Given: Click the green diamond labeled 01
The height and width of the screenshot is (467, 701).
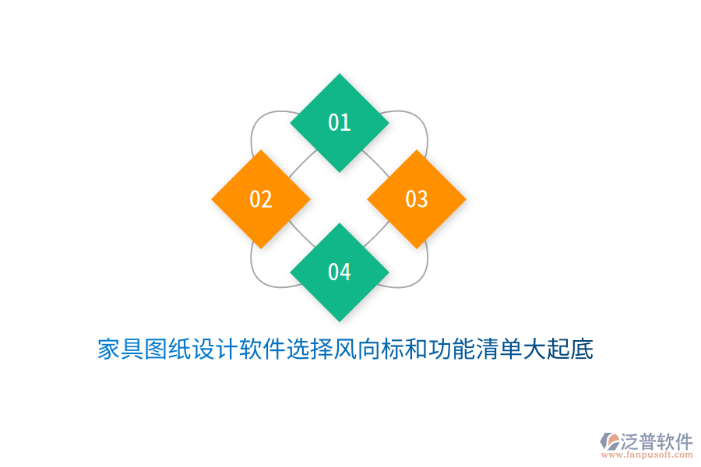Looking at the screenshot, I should [x=340, y=122].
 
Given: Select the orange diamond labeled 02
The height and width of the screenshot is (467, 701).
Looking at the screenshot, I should [x=261, y=199].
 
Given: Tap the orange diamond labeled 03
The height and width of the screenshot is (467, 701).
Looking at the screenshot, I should [x=417, y=199].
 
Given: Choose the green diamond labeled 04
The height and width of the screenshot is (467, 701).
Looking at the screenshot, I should [x=340, y=272].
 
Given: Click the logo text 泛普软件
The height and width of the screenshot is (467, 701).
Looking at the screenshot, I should [x=657, y=441].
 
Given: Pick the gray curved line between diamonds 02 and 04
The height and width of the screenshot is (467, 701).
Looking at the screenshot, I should [x=255, y=269].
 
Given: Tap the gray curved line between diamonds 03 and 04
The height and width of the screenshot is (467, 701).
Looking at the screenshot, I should [x=422, y=269].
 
